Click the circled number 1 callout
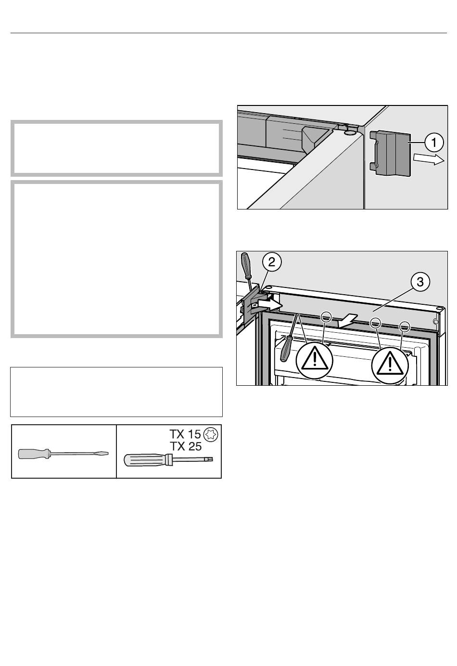(x=434, y=143)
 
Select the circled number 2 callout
(x=272, y=262)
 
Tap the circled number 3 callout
(x=420, y=282)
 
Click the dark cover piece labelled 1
(x=390, y=153)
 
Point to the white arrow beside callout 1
(x=429, y=160)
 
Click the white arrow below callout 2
(x=269, y=304)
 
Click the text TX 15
(x=185, y=434)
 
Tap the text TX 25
(x=185, y=446)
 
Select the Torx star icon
(x=211, y=435)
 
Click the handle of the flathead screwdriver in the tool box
(x=33, y=454)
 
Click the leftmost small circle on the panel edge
(x=326, y=317)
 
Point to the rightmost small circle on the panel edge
(x=404, y=326)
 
